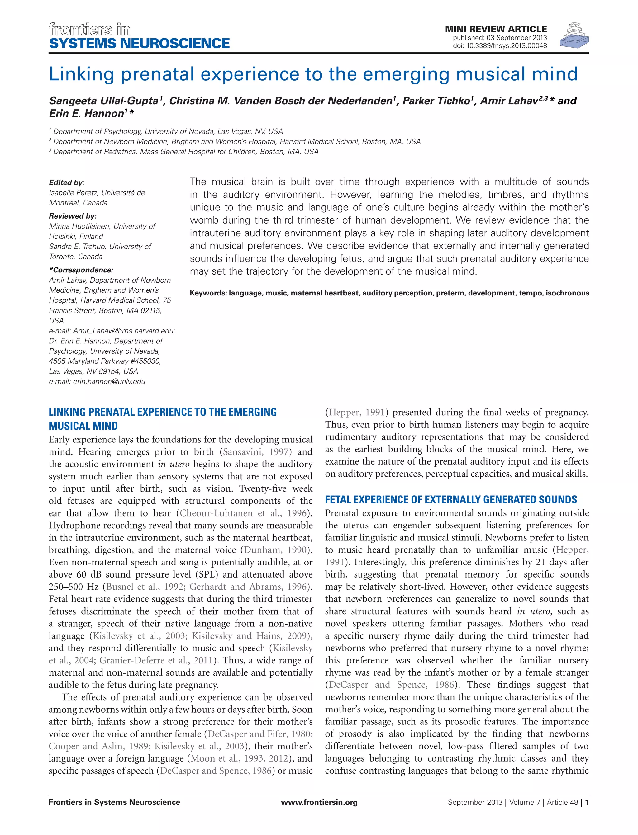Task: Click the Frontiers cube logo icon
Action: tap(574, 35)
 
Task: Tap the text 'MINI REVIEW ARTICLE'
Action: tap(496, 29)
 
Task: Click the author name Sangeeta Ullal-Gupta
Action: tap(104, 101)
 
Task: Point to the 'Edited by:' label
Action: tap(67, 182)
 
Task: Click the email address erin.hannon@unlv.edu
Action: tap(109, 381)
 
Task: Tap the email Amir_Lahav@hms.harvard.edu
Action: tap(123, 331)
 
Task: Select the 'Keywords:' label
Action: tap(208, 293)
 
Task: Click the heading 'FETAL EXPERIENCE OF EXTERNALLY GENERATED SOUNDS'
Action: tap(451, 499)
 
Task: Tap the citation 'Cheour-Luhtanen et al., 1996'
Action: tap(243, 513)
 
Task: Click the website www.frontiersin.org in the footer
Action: tap(319, 802)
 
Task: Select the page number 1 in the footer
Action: tap(587, 802)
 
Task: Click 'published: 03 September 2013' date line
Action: tap(499, 38)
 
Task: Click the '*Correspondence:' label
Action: tap(81, 270)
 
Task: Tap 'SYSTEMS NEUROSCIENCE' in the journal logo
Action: tap(139, 43)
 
